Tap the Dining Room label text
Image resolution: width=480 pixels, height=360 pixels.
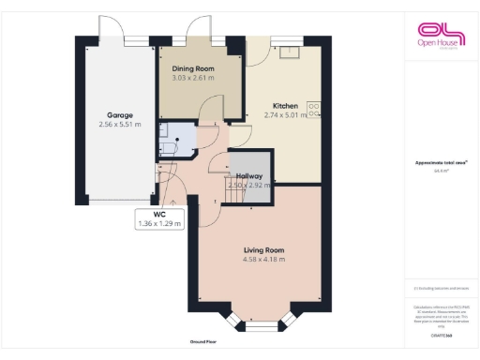pos(192,69)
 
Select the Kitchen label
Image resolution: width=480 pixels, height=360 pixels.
pos(285,105)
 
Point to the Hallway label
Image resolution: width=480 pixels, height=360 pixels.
pos(249,176)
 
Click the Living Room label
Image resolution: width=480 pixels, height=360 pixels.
pos(263,250)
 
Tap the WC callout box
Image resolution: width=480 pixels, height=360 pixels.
pos(159,219)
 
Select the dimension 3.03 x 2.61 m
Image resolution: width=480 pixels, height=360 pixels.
pos(192,79)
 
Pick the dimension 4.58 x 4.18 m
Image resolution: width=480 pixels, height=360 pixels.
pos(263,260)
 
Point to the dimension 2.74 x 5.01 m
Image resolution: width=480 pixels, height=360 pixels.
pos(285,115)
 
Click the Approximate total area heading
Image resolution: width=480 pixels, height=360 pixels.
pos(441,163)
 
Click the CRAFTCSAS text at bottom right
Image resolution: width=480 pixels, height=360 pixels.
pos(441,335)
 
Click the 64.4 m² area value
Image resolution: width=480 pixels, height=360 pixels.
pos(441,172)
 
